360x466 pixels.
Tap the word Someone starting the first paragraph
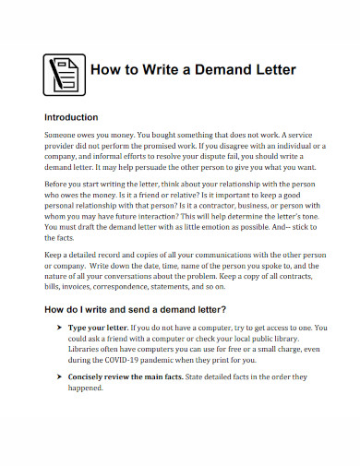pyautogui.click(x=65, y=135)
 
